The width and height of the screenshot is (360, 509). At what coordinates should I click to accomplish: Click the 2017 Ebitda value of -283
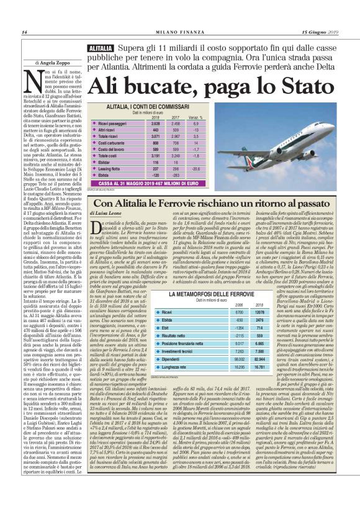pyautogui.click(x=179, y=176)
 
